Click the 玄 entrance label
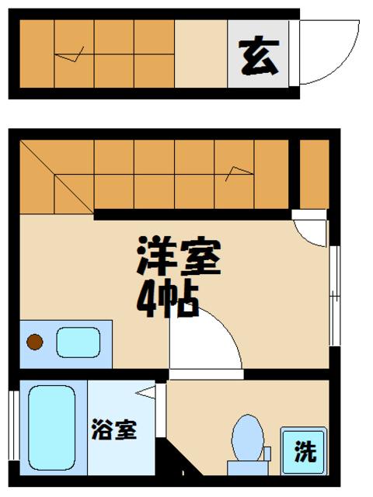pos(258,57)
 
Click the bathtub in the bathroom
pos(52,429)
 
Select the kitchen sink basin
pos(78,341)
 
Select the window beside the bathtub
pos(13,431)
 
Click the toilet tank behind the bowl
pos(247,467)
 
